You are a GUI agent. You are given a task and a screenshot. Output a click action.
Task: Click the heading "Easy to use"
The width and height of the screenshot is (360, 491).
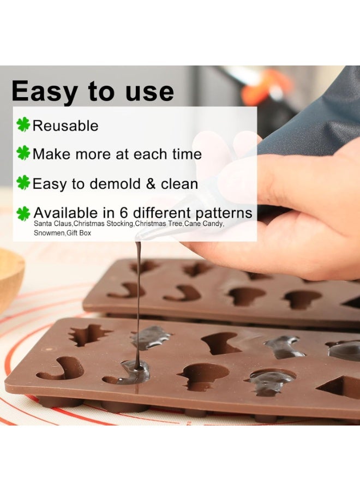(92, 91)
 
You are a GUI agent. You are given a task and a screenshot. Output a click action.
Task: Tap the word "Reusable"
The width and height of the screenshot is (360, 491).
(65, 125)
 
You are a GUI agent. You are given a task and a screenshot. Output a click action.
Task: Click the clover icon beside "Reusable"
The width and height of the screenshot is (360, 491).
(23, 125)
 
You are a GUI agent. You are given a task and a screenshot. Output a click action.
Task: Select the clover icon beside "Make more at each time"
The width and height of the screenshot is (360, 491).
(23, 153)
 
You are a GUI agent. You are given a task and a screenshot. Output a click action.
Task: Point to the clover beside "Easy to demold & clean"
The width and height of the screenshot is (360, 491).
(23, 183)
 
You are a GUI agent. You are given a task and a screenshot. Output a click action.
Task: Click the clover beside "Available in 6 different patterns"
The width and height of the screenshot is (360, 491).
(23, 213)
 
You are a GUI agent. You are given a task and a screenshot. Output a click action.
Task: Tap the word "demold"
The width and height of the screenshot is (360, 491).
(115, 183)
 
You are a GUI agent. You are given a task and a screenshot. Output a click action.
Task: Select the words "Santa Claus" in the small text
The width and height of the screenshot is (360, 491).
(52, 224)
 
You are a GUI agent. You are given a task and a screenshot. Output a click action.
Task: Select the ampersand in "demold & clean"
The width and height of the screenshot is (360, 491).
(151, 183)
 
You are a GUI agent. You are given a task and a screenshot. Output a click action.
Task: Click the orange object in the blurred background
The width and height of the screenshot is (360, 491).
(267, 87)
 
